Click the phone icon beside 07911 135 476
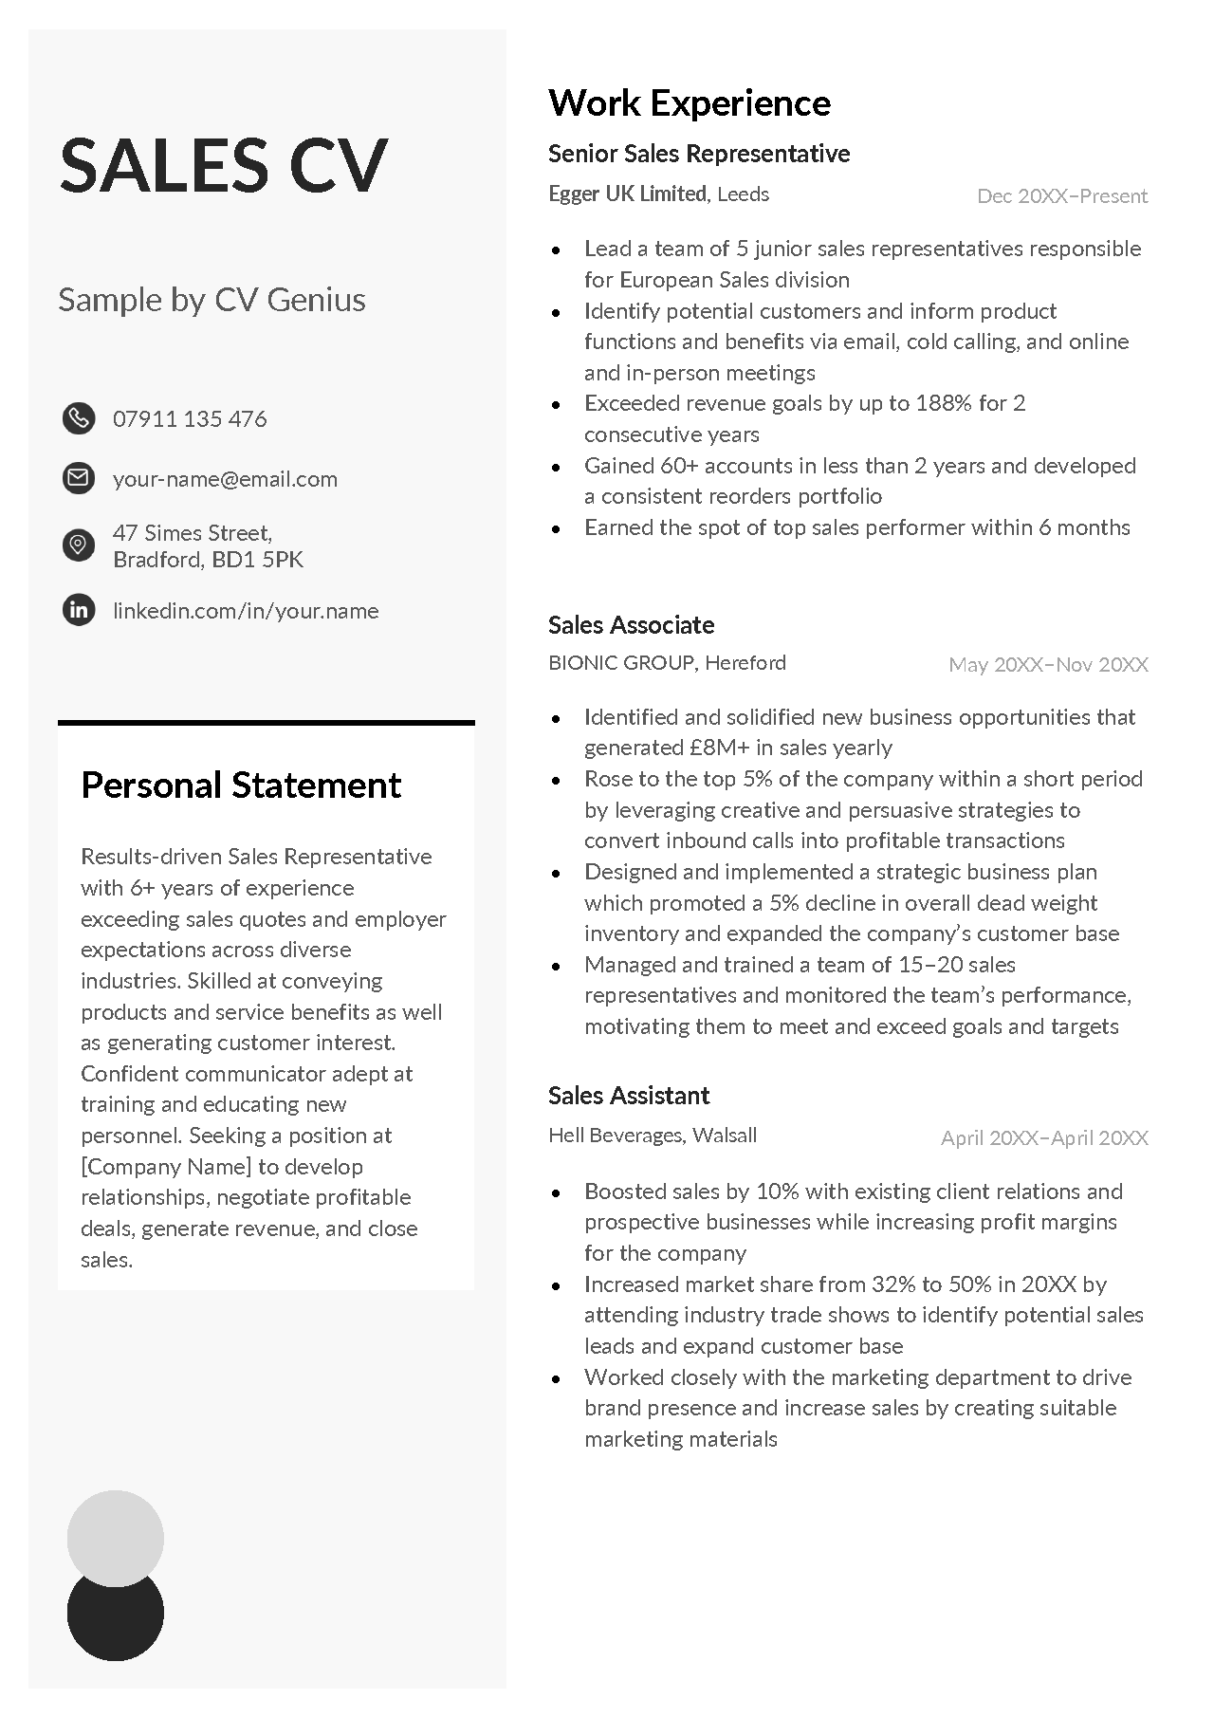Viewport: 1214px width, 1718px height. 79,417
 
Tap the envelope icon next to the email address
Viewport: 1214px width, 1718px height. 79,477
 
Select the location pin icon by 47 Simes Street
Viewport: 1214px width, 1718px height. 79,545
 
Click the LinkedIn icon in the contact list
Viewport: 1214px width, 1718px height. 79,609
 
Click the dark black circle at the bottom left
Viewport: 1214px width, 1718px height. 116,1622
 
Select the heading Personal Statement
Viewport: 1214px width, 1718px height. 241,785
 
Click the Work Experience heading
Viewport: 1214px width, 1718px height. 690,102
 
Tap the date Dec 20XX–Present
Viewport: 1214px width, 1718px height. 1062,196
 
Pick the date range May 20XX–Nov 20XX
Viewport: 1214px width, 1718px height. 1048,664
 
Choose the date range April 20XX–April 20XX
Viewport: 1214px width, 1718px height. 1044,1137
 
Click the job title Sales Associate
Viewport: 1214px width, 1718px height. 631,625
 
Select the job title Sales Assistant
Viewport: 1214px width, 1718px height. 629,1096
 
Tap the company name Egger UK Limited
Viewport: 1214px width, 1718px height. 628,194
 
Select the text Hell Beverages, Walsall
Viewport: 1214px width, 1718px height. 653,1136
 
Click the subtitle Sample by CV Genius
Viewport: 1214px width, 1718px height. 212,300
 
